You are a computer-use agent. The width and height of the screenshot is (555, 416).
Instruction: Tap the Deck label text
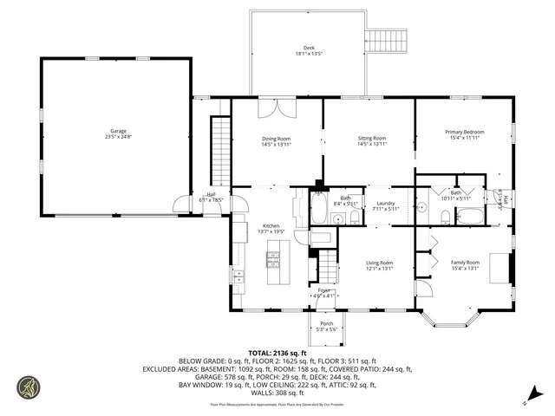[308, 50]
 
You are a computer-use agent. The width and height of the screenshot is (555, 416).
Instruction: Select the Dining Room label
[277, 141]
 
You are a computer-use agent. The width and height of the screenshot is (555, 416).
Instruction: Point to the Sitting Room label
[372, 140]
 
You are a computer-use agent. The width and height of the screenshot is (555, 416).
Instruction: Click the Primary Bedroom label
[464, 134]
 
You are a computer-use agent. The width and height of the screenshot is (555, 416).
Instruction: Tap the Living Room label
[379, 265]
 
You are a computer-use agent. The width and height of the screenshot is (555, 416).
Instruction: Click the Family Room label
[464, 264]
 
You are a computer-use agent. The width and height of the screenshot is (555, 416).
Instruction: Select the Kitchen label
[271, 229]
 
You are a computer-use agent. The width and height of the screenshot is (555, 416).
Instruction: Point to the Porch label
[327, 326]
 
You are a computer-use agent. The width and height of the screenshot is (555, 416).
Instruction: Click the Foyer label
[323, 292]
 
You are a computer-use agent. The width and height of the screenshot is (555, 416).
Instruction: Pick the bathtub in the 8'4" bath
[317, 209]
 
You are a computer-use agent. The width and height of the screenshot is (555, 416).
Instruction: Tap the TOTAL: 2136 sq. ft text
[281, 354]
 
